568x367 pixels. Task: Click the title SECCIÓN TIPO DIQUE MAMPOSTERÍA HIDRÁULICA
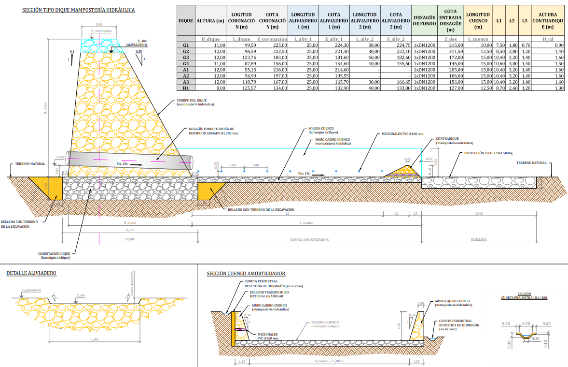[79, 10]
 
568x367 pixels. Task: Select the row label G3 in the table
[186, 58]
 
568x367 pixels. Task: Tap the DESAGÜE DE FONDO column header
[425, 21]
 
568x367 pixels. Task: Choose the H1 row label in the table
[186, 88]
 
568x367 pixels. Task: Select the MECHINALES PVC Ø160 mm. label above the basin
[402, 133]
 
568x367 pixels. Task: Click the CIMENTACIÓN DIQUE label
[55, 255]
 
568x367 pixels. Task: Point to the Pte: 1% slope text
[304, 173]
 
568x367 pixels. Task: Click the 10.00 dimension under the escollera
[479, 213]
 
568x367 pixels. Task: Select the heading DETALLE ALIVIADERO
[31, 273]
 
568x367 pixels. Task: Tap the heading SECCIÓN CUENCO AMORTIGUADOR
[246, 274]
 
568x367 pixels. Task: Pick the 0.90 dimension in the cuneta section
[526, 323]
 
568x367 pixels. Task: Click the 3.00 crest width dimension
[99, 24]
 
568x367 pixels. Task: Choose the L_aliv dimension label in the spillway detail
[95, 339]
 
